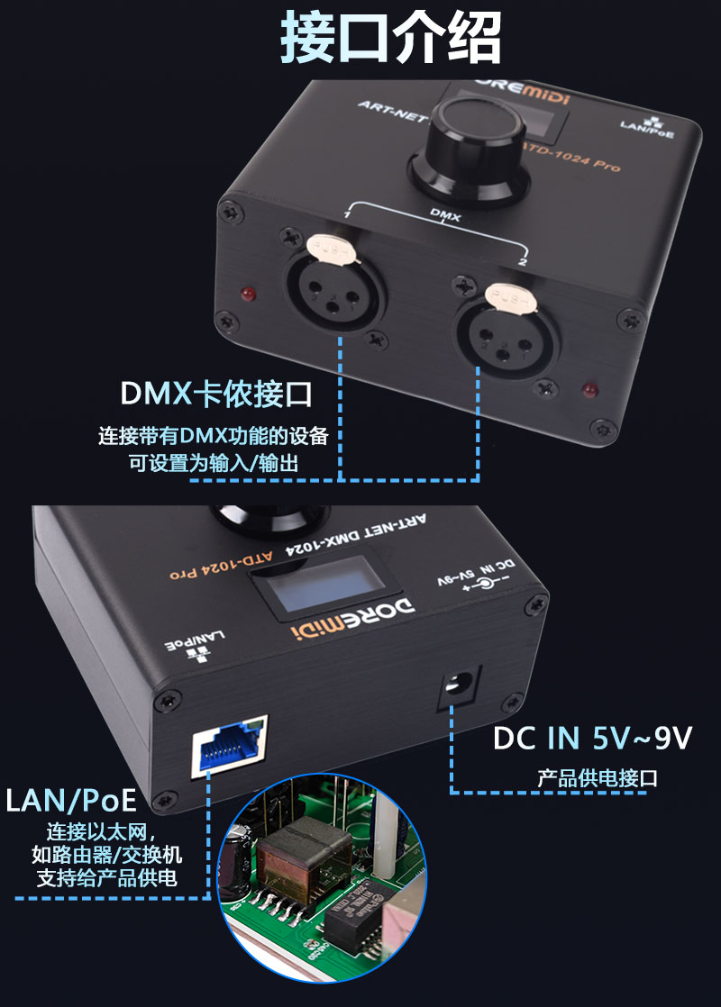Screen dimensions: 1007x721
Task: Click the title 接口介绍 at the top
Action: [x=390, y=39]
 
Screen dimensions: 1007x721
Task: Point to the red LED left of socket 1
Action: [x=244, y=295]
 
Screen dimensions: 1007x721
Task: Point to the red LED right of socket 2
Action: [x=589, y=390]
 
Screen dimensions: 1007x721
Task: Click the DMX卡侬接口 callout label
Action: [x=216, y=394]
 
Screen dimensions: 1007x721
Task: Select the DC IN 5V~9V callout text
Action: [x=592, y=739]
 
